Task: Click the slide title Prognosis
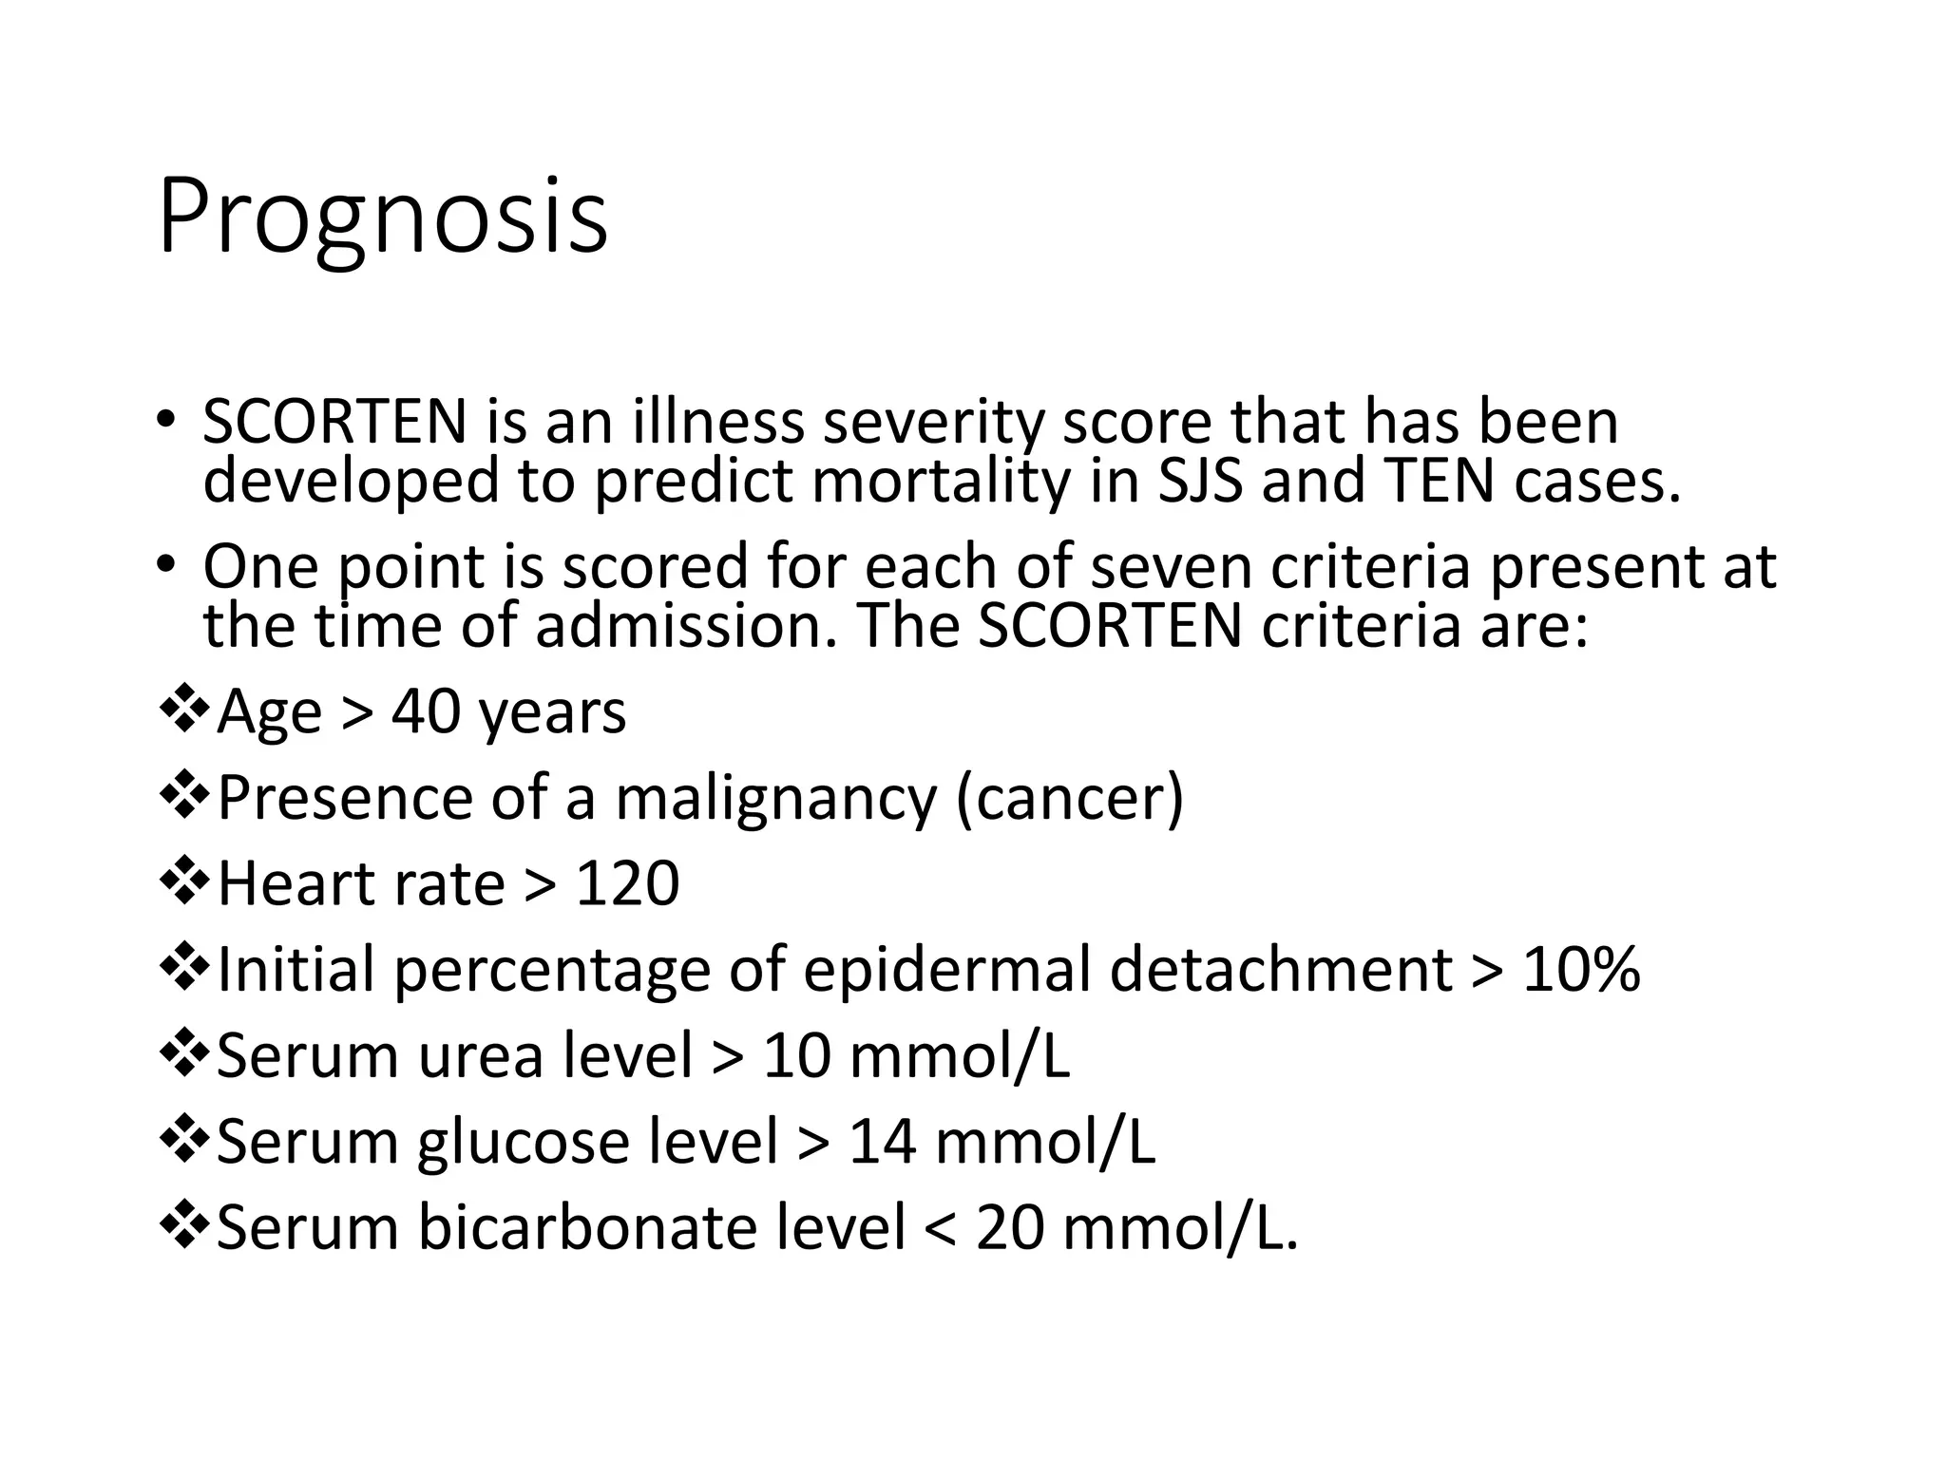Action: click(x=382, y=217)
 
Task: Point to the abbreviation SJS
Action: click(x=1199, y=482)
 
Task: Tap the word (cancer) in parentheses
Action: click(x=1070, y=798)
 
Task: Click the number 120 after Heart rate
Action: click(x=627, y=883)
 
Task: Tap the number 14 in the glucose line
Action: click(x=882, y=1142)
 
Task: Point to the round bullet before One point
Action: click(x=166, y=565)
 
